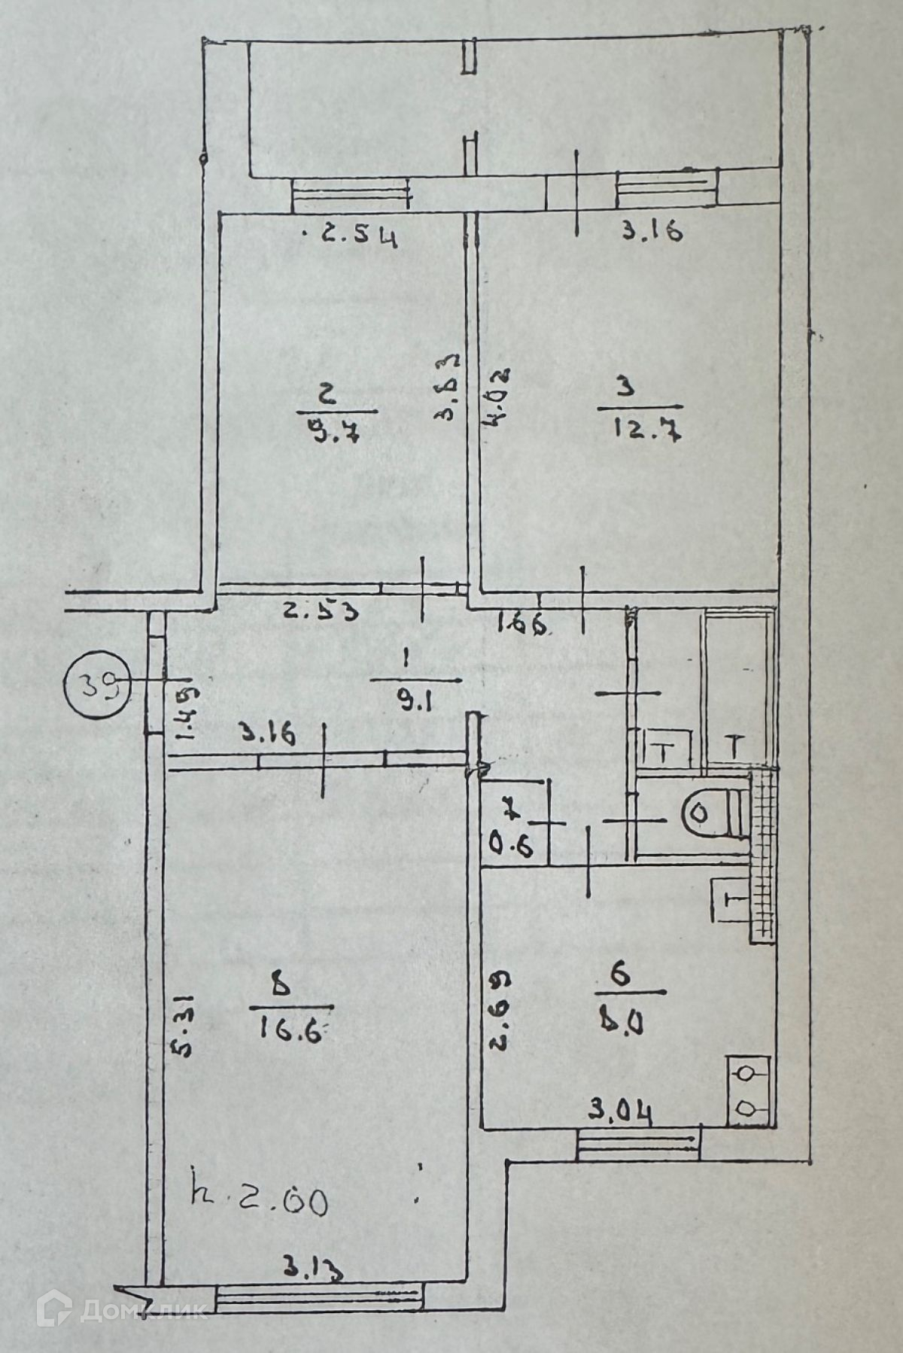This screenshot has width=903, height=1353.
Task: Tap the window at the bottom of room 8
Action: click(320, 1296)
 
